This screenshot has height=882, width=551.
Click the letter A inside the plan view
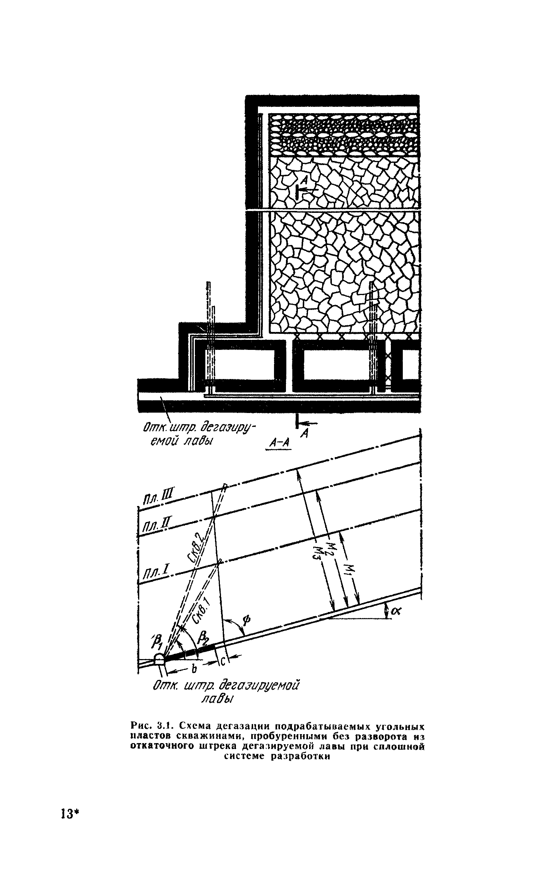pos(304,181)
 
